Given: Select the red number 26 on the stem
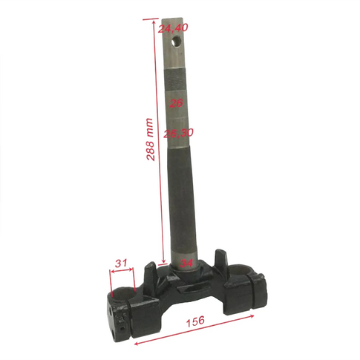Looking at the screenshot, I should (x=177, y=103).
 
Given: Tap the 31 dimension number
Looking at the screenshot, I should (x=122, y=264).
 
